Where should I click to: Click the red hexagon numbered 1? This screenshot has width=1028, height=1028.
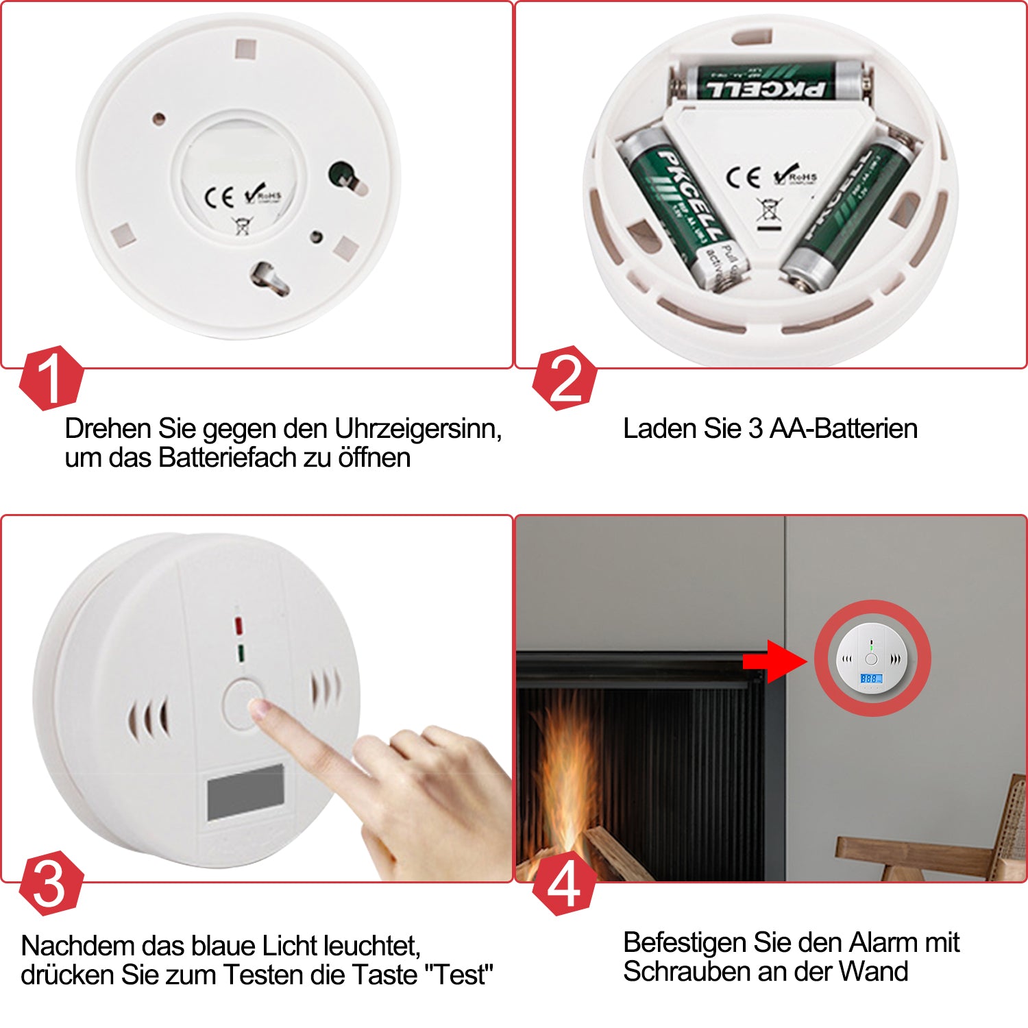click(50, 378)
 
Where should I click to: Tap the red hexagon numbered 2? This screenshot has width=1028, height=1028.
click(564, 378)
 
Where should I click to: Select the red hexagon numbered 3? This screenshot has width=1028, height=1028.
click(50, 883)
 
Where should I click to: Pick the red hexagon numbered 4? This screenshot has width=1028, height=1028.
click(564, 883)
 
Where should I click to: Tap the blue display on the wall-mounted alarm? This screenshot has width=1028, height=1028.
click(870, 678)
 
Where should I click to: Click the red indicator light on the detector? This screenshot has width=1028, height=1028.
click(238, 626)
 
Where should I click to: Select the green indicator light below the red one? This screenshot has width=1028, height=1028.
click(241, 652)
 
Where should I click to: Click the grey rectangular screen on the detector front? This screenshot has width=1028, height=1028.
click(245, 792)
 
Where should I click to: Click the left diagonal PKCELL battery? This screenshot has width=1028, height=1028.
click(682, 206)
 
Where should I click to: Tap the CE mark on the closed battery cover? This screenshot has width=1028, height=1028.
click(219, 197)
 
